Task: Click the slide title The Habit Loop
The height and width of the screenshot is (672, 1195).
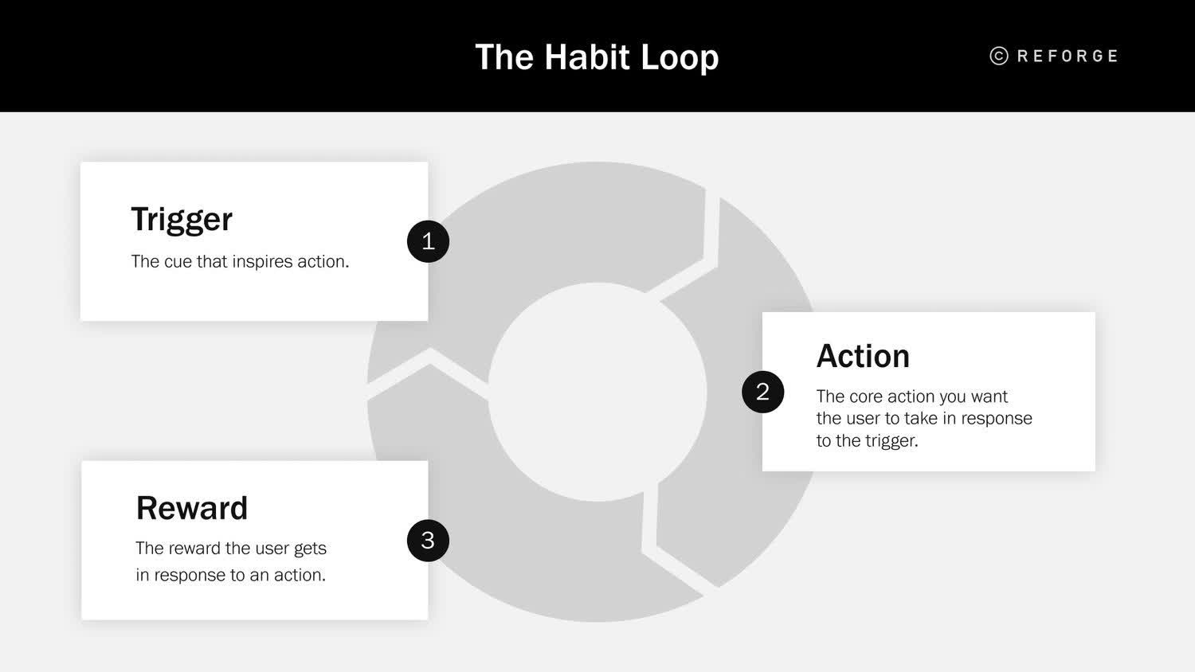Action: [597, 57]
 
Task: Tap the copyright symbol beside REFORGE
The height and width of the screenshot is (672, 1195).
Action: [999, 56]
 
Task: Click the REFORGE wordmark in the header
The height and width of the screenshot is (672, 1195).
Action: [1068, 56]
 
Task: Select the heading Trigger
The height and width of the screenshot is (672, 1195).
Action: [182, 219]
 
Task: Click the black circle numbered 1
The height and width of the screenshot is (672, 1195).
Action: [428, 241]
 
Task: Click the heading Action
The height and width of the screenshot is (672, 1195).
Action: [863, 356]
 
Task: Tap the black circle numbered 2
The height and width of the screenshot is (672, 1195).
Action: [762, 392]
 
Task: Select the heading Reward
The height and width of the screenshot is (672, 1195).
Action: [192, 508]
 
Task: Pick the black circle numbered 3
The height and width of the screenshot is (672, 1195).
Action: [428, 541]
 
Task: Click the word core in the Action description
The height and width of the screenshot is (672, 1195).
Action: [866, 397]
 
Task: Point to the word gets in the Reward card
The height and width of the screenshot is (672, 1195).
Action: [310, 549]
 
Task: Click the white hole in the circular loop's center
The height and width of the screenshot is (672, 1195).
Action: [597, 392]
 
